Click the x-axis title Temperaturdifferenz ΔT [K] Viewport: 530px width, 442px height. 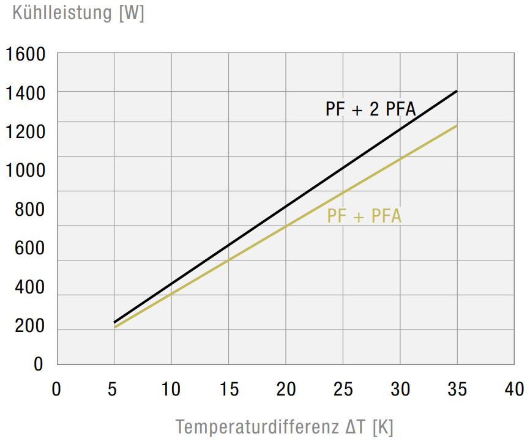click(285, 426)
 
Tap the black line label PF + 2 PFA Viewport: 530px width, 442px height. click(371, 109)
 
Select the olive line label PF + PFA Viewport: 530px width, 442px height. click(364, 216)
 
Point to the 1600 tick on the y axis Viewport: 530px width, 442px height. click(26, 54)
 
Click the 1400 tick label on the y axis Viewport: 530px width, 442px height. click(26, 93)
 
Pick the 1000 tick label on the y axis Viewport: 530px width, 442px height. click(26, 171)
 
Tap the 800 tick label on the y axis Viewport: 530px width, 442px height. click(29, 210)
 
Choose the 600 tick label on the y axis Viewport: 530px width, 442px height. click(29, 248)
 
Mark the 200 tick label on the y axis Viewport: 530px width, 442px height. click(29, 326)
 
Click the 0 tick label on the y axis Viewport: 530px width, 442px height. click(39, 364)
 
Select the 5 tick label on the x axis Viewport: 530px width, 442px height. click(114, 388)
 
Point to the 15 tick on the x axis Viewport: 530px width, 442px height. click(228, 388)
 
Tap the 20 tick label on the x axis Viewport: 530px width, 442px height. click(286, 388)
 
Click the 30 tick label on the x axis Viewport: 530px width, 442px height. click(400, 388)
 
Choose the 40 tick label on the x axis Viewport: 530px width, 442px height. click(514, 388)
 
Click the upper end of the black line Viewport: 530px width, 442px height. click(457, 91)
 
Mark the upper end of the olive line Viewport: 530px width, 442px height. click(457, 126)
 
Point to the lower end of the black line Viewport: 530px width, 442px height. click(114, 322)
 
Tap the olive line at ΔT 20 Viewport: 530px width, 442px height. click(286, 226)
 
